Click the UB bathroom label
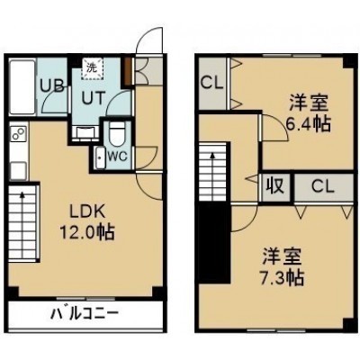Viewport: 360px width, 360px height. click(52, 86)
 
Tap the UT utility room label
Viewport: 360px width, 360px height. click(94, 97)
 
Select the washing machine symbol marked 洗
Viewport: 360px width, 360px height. click(92, 68)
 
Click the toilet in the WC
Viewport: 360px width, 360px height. click(115, 133)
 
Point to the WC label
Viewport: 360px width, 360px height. click(118, 156)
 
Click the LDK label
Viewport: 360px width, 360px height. click(87, 211)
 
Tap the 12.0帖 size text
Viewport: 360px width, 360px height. click(87, 232)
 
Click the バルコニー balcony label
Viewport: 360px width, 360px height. click(85, 314)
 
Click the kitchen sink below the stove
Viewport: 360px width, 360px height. click(18, 170)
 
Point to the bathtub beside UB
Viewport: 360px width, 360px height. click(22, 86)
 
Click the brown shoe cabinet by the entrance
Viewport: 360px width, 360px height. click(129, 70)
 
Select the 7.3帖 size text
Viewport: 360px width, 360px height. click(282, 278)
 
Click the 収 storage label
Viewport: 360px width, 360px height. click(275, 186)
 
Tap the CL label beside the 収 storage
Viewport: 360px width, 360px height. click(323, 186)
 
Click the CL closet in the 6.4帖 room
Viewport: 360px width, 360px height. click(212, 83)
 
